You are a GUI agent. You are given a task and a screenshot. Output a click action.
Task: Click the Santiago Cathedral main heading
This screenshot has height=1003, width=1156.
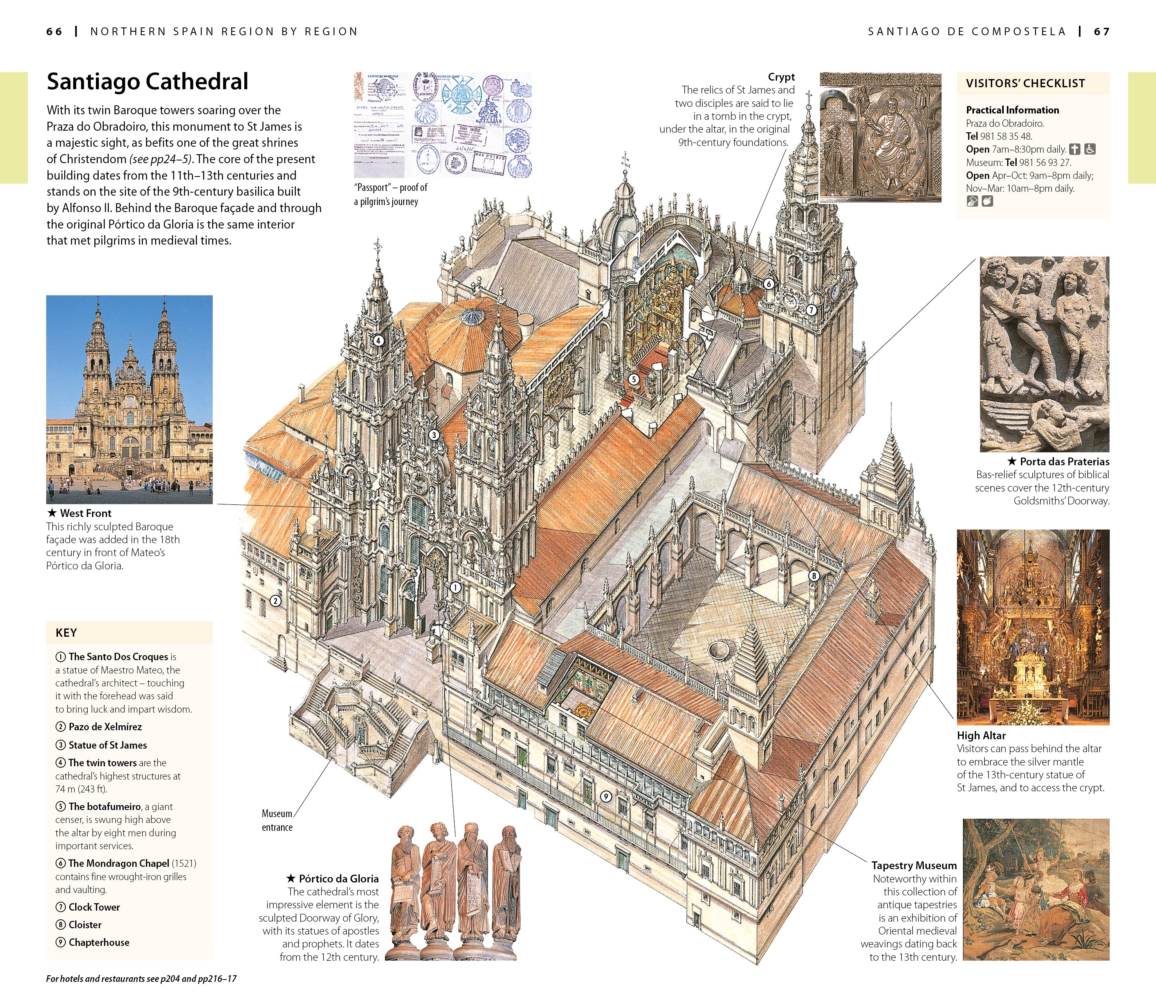[147, 82]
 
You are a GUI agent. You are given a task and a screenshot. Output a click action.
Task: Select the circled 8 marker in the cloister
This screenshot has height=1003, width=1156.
[814, 575]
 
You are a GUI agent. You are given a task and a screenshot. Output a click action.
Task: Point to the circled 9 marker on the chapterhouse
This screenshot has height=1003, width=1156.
[605, 796]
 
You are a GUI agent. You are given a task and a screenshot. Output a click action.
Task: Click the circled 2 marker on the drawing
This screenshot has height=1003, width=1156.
[276, 601]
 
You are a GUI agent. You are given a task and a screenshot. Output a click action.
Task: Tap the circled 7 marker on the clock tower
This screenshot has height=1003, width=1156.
[811, 310]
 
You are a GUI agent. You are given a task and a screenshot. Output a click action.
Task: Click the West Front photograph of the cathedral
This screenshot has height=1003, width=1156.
[129, 399]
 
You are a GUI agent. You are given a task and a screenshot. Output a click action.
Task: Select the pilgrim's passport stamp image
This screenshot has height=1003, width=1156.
[442, 124]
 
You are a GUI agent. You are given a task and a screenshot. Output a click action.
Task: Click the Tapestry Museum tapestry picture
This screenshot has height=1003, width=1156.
[1036, 890]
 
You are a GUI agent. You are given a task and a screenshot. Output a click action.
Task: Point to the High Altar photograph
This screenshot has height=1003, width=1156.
[1033, 627]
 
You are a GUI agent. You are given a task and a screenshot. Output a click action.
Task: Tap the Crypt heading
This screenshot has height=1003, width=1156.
[781, 77]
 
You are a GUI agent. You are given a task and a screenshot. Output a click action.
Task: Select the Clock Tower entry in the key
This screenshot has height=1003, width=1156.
[94, 907]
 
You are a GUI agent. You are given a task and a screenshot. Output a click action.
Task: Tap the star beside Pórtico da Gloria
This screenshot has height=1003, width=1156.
[290, 878]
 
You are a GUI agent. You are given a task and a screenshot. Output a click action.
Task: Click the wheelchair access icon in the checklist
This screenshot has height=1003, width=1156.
[1089, 149]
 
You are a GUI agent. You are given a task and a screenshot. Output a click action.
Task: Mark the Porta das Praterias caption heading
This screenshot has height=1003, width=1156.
[1064, 461]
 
